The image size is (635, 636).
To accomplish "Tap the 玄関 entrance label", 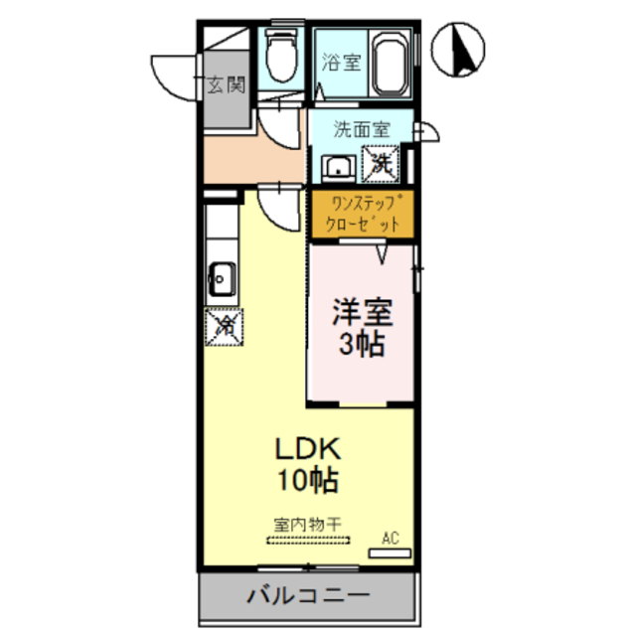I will [x=227, y=85].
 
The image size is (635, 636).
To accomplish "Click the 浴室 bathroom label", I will [x=341, y=62].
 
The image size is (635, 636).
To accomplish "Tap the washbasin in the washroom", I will [x=339, y=167].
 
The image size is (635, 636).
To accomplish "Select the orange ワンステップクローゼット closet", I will [x=358, y=215].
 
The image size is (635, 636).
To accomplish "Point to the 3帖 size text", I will [x=361, y=347].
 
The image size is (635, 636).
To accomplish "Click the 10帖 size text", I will [x=309, y=482].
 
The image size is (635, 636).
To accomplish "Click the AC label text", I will [x=391, y=539].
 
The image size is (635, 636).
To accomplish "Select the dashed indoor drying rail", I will [x=308, y=541].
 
